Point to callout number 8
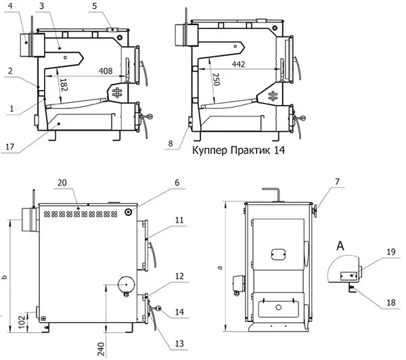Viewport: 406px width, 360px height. tap(169, 143)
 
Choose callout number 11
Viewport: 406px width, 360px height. tap(178, 221)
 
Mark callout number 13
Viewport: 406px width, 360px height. tap(178, 344)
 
